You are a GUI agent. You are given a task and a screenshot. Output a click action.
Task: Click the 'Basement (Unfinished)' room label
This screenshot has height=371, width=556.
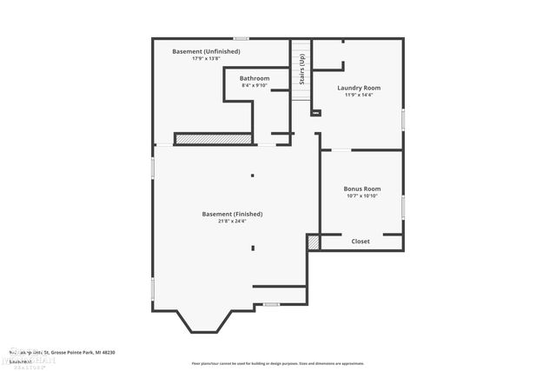pyautogui.click(x=206, y=51)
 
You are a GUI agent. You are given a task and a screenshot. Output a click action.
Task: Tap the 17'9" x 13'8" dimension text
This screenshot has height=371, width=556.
pyautogui.click(x=206, y=58)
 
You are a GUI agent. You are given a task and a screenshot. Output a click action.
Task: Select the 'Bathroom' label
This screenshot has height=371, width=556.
pyautogui.click(x=255, y=78)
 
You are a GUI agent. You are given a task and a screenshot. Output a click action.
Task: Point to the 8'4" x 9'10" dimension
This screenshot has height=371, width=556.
pyautogui.click(x=255, y=85)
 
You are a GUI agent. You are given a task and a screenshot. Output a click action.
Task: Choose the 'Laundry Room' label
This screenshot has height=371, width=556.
pyautogui.click(x=359, y=88)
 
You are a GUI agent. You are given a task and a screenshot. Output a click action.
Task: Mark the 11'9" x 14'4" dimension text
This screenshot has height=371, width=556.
pyautogui.click(x=359, y=95)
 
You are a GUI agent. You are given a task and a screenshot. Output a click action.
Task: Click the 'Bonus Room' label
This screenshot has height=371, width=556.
pyautogui.click(x=361, y=189)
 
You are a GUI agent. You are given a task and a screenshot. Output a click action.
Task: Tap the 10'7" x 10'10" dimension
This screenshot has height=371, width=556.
pyautogui.click(x=361, y=195)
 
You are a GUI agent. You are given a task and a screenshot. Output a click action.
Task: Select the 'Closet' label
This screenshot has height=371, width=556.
pyautogui.click(x=361, y=242)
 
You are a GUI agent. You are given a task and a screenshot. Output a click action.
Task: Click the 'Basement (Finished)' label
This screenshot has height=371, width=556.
pyautogui.click(x=232, y=214)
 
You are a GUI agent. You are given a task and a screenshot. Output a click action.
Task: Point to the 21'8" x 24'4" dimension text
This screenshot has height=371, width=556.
pyautogui.click(x=232, y=221)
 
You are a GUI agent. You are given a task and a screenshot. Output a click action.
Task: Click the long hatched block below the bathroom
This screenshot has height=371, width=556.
pyautogui.click(x=213, y=138)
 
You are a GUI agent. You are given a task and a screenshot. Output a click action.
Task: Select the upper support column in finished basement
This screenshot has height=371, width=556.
pyautogui.click(x=253, y=176)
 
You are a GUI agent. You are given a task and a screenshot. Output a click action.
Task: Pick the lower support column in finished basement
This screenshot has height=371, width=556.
pyautogui.click(x=253, y=248)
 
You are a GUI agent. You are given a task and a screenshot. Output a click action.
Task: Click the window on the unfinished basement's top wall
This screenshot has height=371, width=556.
pyautogui.click(x=241, y=38)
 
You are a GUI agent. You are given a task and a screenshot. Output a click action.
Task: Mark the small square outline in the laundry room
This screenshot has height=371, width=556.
pyautogui.click(x=315, y=112)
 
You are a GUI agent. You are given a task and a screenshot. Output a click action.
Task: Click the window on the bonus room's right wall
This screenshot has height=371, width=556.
pyautogui.click(x=403, y=206)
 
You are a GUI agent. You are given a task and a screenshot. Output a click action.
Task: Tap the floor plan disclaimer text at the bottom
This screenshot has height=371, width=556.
pyautogui.click(x=277, y=363)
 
